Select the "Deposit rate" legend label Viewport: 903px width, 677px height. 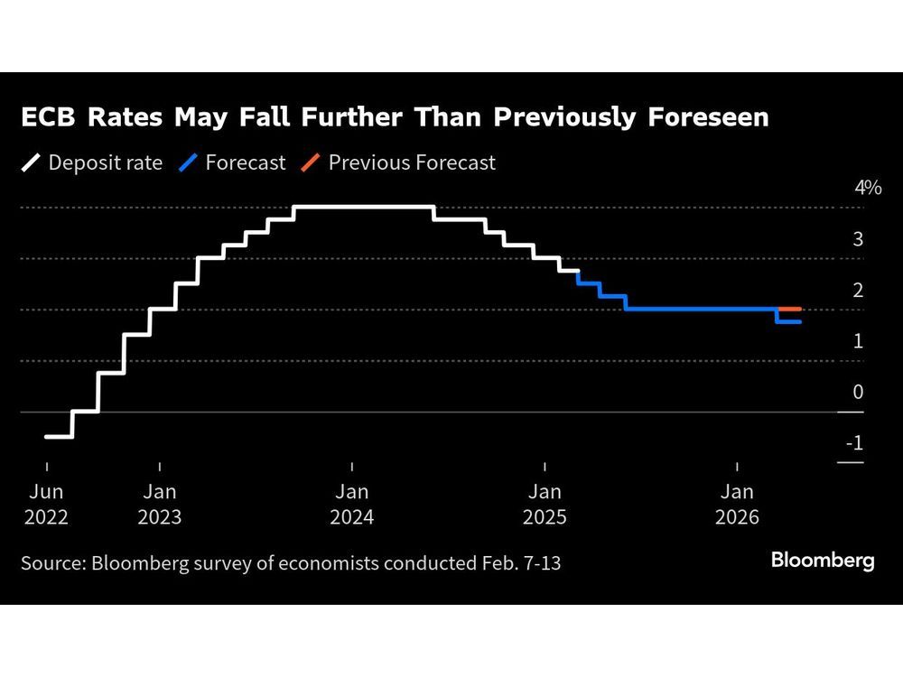[x=105, y=162]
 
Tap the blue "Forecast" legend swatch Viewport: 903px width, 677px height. [x=188, y=162]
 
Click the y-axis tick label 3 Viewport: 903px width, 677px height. [x=858, y=239]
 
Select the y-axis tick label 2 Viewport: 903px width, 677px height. [x=858, y=290]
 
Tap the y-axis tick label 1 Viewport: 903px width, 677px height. [x=858, y=341]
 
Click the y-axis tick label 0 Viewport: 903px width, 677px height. [x=858, y=392]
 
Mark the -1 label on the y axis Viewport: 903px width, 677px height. [x=853, y=443]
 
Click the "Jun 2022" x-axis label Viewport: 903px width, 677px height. [x=46, y=504]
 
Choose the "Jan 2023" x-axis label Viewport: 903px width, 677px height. [x=160, y=504]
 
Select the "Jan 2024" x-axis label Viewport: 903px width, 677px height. [x=352, y=504]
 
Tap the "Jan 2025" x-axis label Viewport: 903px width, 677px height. [x=545, y=504]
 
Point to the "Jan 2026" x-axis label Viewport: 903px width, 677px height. [x=738, y=504]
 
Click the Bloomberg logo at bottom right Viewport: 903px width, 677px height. [x=823, y=561]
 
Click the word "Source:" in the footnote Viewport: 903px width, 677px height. [x=52, y=562]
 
